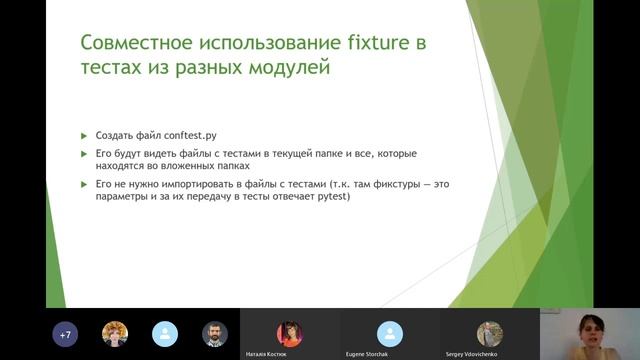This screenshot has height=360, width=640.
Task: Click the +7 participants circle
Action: [67, 334]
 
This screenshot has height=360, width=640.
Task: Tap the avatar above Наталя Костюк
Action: [289, 332]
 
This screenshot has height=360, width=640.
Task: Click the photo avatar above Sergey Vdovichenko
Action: [489, 332]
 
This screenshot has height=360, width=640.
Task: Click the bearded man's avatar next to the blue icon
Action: [214, 334]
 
